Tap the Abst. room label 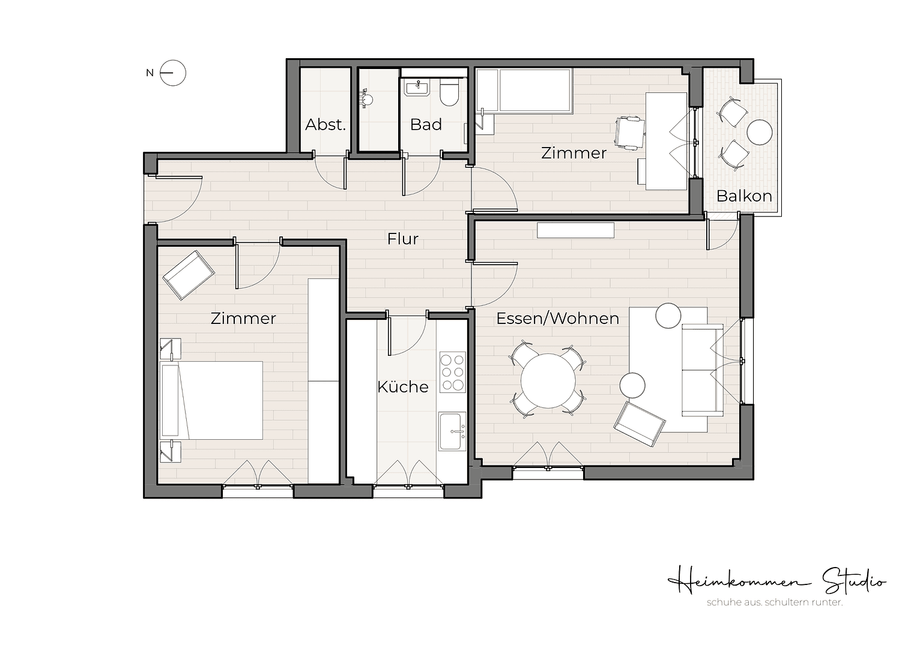[325, 125]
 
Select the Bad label [426, 125]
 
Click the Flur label [402, 239]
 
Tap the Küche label [402, 387]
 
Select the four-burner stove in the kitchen [452, 372]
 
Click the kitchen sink [452, 431]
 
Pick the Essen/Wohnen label [557, 318]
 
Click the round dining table [547, 380]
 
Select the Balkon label [743, 196]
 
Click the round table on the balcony [759, 132]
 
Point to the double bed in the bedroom [211, 400]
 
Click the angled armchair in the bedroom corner [188, 274]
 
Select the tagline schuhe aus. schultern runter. [775, 602]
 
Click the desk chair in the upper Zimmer [630, 133]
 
